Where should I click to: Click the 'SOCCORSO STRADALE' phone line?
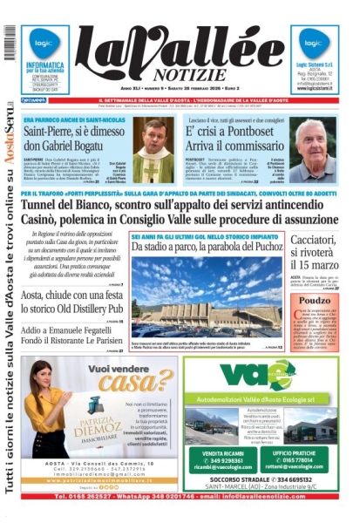[258, 479]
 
